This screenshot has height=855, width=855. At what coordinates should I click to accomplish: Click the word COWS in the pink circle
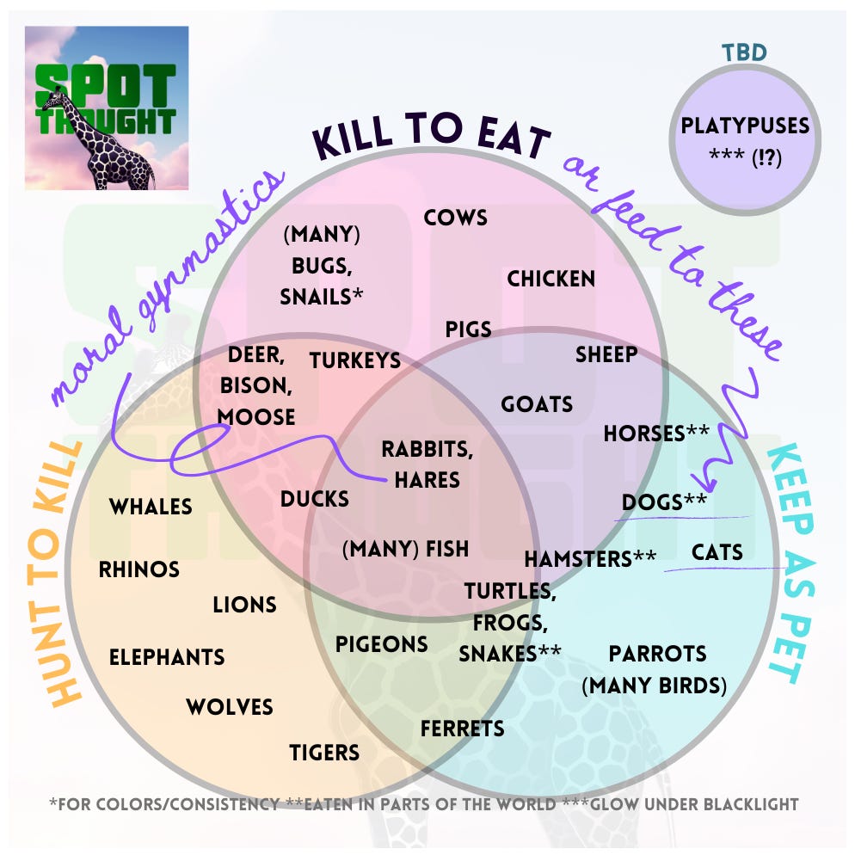tap(455, 218)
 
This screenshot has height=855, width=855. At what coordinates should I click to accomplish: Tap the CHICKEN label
tap(551, 279)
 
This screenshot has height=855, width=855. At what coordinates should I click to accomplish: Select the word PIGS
tap(468, 329)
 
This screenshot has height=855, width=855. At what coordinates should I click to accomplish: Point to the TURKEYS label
tap(355, 360)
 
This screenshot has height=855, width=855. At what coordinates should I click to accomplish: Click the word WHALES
tap(151, 507)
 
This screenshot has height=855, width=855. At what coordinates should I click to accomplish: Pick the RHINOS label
tap(139, 569)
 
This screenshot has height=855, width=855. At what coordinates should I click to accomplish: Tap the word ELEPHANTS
tap(167, 657)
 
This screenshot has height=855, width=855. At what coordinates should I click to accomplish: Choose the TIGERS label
tap(324, 753)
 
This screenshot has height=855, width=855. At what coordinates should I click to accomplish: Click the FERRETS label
tap(462, 729)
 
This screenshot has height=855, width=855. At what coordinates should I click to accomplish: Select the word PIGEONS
tap(381, 643)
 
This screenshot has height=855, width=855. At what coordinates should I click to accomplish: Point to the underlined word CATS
tap(717, 551)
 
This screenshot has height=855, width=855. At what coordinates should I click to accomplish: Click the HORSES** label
tap(656, 434)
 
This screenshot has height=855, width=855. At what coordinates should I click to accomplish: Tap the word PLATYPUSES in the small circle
tap(745, 126)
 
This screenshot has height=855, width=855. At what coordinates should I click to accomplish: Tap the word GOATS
tap(537, 403)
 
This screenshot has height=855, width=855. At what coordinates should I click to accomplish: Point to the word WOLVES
tap(230, 707)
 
